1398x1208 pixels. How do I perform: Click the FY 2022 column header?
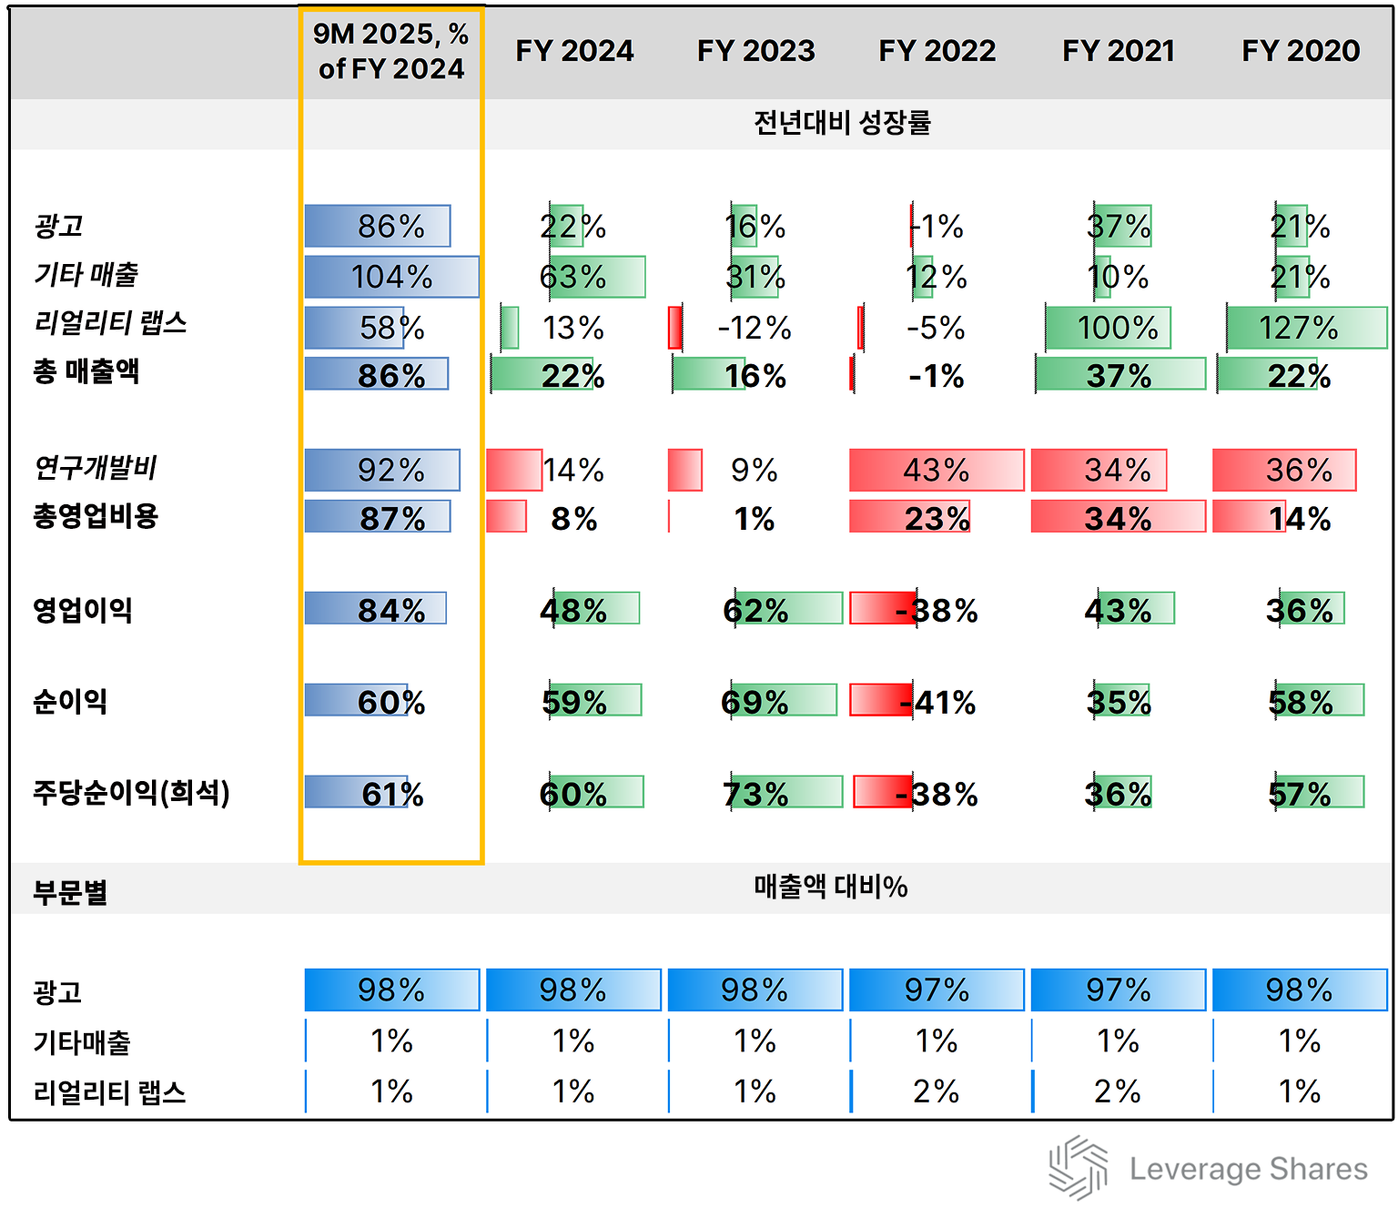click(937, 51)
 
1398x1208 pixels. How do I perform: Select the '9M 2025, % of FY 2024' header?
click(391, 51)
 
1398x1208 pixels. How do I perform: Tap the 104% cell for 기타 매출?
click(391, 277)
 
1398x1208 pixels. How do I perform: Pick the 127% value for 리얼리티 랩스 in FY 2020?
click(1299, 328)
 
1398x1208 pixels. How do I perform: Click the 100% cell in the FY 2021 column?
click(1118, 328)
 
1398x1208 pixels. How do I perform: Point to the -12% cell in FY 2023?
click(755, 328)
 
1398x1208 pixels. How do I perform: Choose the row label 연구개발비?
click(96, 468)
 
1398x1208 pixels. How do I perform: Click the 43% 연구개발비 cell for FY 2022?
click(936, 470)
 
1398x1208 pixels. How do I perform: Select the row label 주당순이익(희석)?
click(131, 793)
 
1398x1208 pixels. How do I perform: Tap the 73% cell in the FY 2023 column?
click(755, 794)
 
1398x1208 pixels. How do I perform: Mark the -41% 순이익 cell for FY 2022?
click(937, 702)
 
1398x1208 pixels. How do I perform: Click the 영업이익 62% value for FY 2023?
click(755, 610)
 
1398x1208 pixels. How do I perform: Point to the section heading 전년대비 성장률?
click(842, 123)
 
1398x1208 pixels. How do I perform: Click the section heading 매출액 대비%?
click(830, 887)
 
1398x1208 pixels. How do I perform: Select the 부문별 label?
click(70, 892)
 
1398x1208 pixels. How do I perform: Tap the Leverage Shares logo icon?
click(1078, 1167)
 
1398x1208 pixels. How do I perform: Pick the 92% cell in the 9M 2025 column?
click(391, 470)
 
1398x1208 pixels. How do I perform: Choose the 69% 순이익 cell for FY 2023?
click(755, 702)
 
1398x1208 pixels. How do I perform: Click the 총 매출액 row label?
click(86, 371)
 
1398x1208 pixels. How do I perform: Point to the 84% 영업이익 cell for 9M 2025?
click(391, 610)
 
